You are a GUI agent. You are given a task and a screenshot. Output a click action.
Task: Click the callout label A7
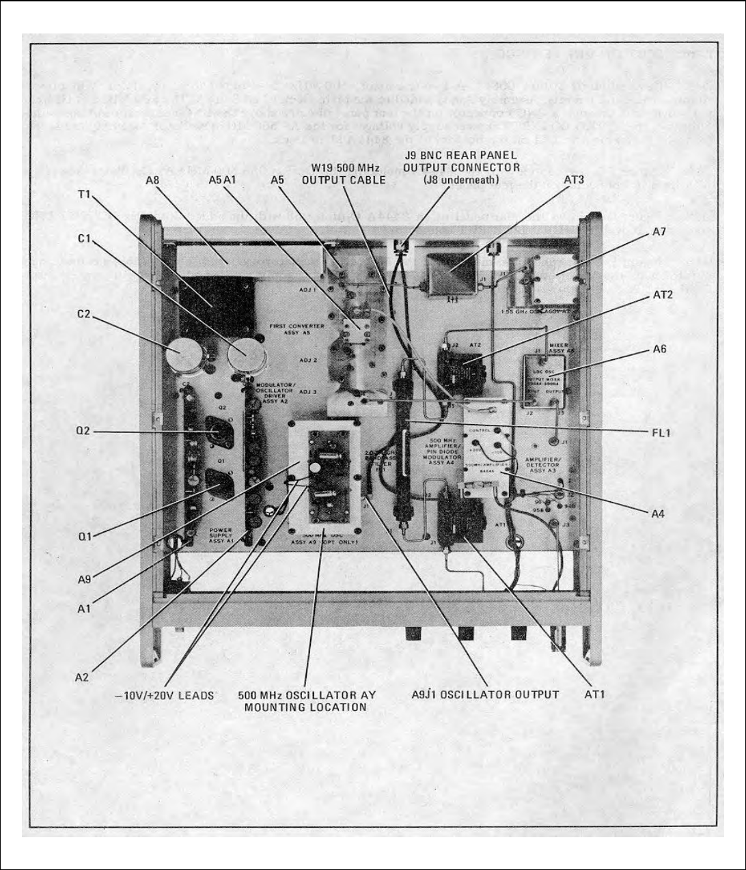[658, 232]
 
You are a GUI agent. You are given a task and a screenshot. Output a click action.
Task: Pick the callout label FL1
[660, 432]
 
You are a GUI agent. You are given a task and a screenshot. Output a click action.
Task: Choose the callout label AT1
[594, 694]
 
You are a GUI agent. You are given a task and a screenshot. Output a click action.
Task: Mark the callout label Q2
[84, 432]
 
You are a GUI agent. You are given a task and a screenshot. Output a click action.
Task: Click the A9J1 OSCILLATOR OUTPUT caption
[485, 694]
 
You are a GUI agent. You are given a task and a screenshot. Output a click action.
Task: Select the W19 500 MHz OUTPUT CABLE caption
[344, 173]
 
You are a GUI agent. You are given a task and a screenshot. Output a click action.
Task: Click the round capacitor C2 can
[181, 354]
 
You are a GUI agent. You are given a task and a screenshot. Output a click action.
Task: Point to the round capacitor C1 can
[246, 354]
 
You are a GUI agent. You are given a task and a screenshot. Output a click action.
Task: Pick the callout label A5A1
[222, 181]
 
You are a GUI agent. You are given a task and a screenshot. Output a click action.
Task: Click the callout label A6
[659, 349]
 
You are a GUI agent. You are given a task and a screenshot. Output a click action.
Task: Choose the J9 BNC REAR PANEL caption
[461, 161]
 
